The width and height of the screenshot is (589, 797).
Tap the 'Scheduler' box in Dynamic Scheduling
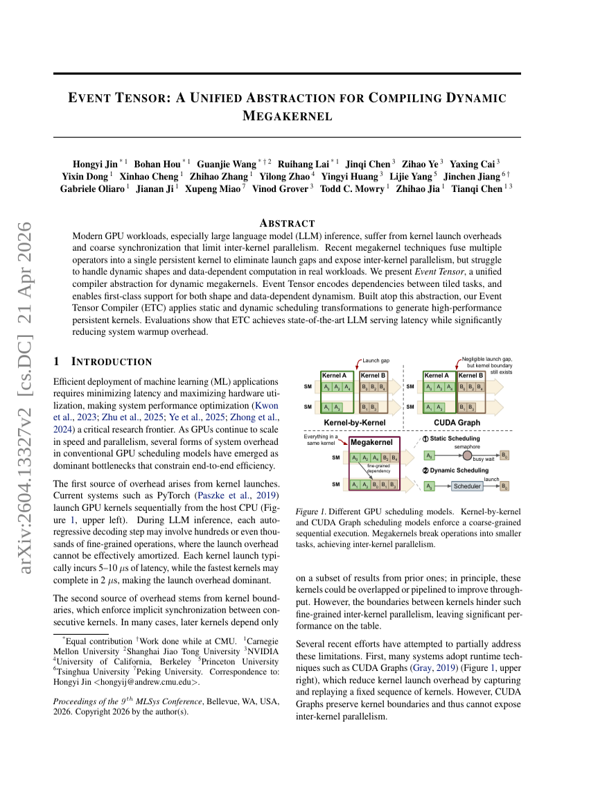coord(466,487)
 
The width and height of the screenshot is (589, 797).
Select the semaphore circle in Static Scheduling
coord(467,455)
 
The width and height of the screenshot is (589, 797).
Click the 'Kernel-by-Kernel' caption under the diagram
coord(355,421)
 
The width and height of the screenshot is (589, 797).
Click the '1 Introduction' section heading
coord(103,362)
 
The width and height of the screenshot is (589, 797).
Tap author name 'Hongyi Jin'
coord(95,164)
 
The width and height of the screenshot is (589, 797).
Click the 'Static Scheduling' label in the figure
coord(456,439)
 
